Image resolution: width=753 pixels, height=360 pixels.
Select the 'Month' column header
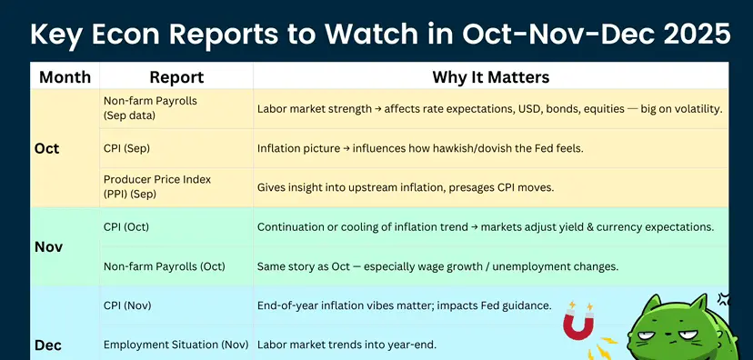[65, 76]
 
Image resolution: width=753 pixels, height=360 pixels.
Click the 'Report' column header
[176, 76]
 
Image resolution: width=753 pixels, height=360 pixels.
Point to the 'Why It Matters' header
[491, 76]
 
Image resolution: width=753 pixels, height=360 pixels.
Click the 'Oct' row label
[47, 148]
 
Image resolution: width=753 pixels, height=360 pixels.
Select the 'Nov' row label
[48, 246]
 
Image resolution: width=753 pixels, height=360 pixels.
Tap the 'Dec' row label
[48, 345]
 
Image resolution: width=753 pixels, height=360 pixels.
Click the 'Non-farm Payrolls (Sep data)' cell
[150, 108]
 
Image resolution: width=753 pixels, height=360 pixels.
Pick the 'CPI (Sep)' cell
[126, 148]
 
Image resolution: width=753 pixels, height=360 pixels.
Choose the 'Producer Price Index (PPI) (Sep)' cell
[157, 186]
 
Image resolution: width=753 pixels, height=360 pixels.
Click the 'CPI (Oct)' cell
[126, 226]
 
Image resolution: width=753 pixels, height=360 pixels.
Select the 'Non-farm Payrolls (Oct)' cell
[165, 266]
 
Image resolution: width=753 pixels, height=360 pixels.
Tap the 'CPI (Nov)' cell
[127, 305]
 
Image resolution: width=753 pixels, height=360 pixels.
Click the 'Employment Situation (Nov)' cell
[176, 345]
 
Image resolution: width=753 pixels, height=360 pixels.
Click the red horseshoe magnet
[578, 323]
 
